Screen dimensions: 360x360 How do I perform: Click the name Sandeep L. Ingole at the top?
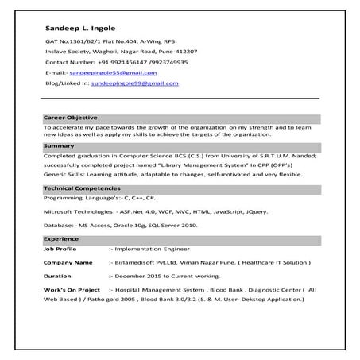(x=78, y=30)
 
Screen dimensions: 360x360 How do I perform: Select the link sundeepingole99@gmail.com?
(x=134, y=83)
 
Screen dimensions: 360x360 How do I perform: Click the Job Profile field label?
(x=61, y=249)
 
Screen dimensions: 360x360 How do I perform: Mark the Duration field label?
(x=57, y=276)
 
